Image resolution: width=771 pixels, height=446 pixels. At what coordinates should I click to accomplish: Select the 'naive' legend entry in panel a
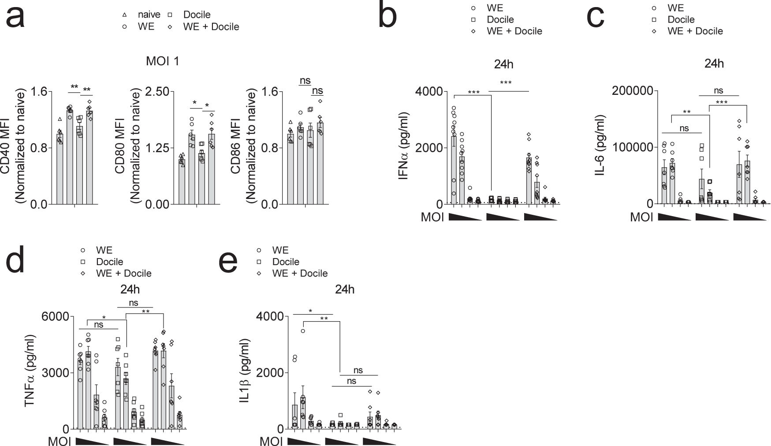click(x=149, y=15)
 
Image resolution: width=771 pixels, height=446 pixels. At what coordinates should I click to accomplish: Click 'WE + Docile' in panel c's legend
click(x=695, y=31)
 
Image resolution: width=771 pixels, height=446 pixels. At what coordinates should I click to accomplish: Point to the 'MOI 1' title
click(x=163, y=61)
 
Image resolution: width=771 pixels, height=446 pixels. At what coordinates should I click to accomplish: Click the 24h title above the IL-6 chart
click(x=714, y=64)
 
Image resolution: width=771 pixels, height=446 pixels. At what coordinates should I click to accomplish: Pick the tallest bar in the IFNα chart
click(x=454, y=170)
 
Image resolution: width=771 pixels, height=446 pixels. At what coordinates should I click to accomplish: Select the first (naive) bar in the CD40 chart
click(x=60, y=169)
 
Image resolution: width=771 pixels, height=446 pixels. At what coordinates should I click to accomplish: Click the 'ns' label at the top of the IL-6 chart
click(x=718, y=90)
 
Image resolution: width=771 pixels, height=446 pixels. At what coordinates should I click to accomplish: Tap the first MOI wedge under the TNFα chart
click(x=92, y=441)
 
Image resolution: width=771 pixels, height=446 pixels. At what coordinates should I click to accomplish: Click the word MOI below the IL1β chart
click(x=271, y=441)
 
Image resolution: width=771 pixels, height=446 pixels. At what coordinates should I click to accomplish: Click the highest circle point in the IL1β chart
click(x=303, y=331)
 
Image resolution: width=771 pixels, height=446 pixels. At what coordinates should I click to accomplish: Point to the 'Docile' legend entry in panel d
click(x=109, y=262)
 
